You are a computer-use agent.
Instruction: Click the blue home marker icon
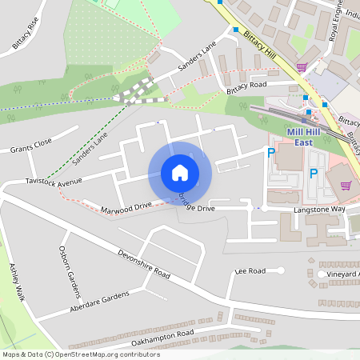[180, 173]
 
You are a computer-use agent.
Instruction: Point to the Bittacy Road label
[246, 85]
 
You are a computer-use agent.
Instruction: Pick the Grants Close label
[31, 146]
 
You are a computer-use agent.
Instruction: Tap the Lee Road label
[250, 272]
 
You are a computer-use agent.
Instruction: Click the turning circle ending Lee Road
[281, 270]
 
